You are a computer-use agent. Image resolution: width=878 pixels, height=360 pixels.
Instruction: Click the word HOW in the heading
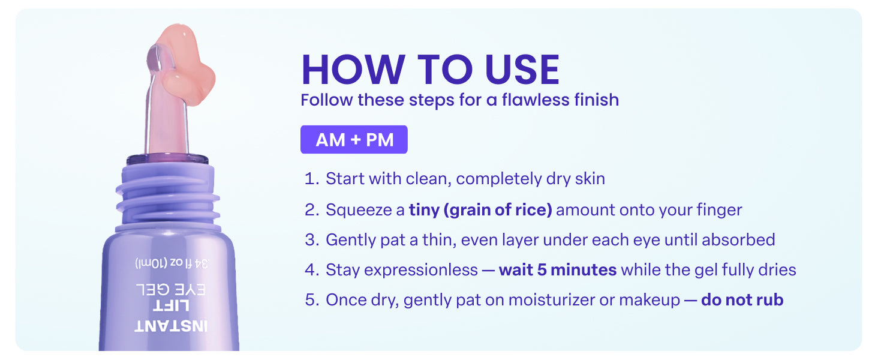[x=353, y=70]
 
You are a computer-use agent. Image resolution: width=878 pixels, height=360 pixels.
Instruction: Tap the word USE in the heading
[x=522, y=70]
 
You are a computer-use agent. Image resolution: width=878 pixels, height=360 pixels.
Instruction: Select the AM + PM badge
[x=354, y=140]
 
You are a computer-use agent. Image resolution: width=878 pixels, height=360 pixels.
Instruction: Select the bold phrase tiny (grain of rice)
[x=480, y=210]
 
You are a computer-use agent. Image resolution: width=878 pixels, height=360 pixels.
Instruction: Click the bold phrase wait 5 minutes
[x=558, y=270]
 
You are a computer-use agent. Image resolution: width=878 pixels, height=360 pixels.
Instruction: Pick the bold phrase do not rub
[x=742, y=299]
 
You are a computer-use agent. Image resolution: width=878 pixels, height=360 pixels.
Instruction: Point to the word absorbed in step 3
[x=738, y=239]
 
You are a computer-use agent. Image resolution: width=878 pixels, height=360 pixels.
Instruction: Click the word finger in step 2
[x=719, y=211]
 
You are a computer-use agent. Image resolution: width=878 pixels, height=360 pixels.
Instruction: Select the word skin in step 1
[x=590, y=179]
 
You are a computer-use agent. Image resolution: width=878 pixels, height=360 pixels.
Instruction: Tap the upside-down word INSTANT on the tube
[x=171, y=326]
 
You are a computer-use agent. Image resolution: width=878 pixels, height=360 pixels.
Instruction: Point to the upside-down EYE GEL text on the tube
[x=171, y=289]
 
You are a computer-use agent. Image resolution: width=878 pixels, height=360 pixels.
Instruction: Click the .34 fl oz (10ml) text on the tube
[x=172, y=263]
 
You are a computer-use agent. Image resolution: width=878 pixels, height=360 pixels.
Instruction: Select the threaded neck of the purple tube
[x=168, y=196]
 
